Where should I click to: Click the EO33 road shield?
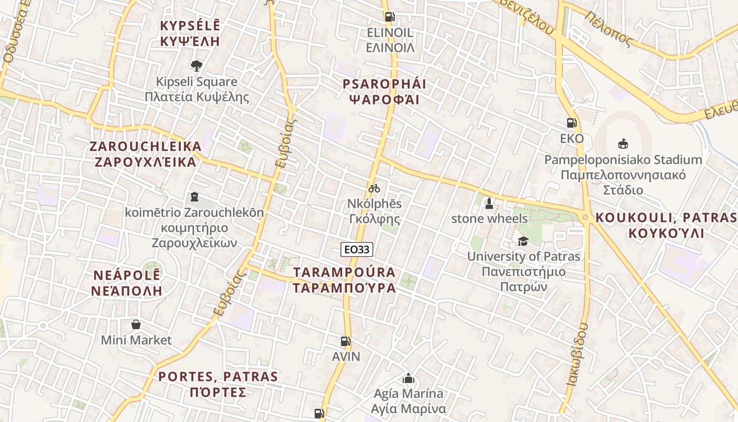click(x=357, y=250)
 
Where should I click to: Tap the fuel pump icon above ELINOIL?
click(x=390, y=16)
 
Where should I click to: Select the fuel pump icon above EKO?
click(x=571, y=123)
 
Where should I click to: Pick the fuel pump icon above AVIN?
click(x=345, y=341)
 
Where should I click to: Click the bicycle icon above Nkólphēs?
click(x=374, y=188)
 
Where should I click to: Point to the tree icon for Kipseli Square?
click(x=197, y=66)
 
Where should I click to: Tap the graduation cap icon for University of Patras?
click(x=523, y=241)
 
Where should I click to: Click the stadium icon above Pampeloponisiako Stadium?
click(x=623, y=143)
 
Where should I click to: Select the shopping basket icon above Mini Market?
click(x=136, y=324)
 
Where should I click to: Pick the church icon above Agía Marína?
click(x=408, y=378)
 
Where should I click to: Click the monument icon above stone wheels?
click(x=489, y=203)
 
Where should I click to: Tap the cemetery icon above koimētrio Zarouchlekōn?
click(x=194, y=197)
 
